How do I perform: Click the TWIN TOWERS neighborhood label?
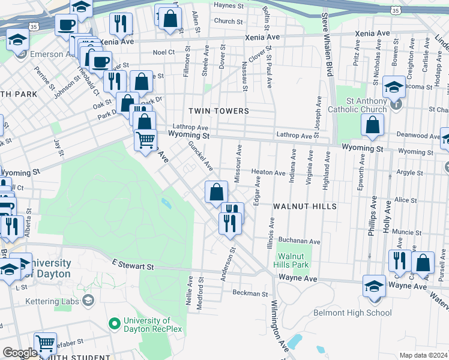[x=218, y=111]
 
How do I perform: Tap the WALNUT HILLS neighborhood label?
[x=304, y=206]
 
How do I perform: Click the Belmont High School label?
[x=352, y=313]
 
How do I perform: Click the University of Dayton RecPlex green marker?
[x=112, y=324]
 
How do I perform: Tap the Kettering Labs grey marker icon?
[x=89, y=299]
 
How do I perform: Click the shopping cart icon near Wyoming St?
[x=145, y=141]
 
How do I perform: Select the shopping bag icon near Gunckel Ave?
[x=217, y=193]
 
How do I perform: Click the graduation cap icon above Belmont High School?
[x=374, y=286]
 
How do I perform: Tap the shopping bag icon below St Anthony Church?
[x=372, y=125]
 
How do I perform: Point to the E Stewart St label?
[x=133, y=265]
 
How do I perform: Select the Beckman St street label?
[x=250, y=293]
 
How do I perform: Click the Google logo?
[x=20, y=353]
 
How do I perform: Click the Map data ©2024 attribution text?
[x=423, y=355]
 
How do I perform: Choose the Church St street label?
[x=228, y=21]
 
